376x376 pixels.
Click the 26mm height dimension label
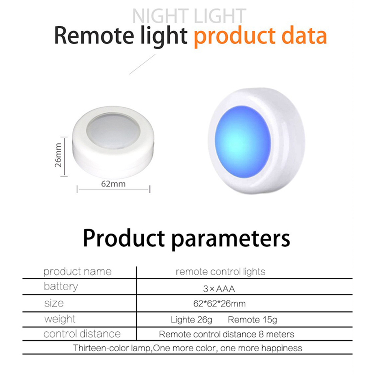[58, 155]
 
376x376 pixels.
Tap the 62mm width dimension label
[113, 184]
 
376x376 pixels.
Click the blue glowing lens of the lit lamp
[243, 142]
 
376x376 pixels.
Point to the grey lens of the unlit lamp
[113, 131]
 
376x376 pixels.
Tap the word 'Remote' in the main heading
[94, 36]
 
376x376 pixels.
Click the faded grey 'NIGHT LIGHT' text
[189, 16]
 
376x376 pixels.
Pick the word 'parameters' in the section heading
[231, 239]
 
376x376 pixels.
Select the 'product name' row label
[77, 272]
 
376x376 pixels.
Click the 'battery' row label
[61, 287]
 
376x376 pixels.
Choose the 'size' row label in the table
[54, 303]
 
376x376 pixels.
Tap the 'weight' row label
[60, 319]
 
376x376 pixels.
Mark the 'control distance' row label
[82, 334]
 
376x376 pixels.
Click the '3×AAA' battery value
[219, 289]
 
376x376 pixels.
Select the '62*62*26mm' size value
[220, 304]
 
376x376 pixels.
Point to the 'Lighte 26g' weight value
[191, 320]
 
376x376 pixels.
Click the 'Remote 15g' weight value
[252, 320]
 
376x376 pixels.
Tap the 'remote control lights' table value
[220, 272]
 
